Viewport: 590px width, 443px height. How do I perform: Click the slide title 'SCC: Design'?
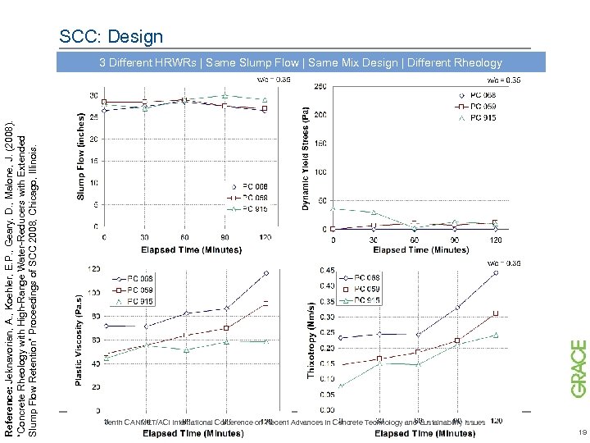pos(111,37)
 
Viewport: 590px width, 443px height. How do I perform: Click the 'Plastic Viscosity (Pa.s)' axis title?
pos(79,340)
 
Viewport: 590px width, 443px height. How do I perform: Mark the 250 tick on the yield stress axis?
pos(320,86)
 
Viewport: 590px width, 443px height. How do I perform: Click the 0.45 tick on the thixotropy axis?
pos(327,270)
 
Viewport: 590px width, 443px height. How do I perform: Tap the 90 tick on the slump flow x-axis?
pos(225,238)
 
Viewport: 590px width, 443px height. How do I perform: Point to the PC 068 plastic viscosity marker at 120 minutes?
pos(265,273)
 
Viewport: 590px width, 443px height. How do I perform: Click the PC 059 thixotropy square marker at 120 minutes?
pos(496,313)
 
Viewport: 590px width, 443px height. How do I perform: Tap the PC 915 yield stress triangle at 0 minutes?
pos(333,208)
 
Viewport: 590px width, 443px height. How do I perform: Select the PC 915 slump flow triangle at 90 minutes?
pos(225,96)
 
